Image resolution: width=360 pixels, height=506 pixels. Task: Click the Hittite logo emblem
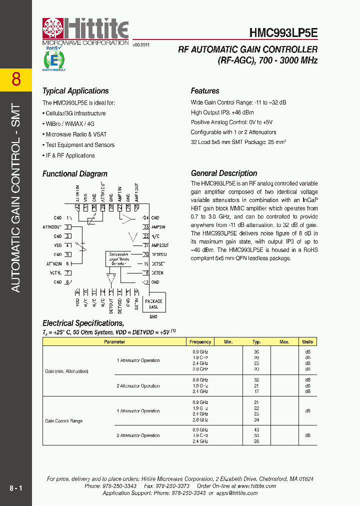click(53, 30)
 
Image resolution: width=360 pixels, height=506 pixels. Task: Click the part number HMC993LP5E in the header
click(283, 32)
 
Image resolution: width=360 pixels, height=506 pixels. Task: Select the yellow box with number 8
click(16, 79)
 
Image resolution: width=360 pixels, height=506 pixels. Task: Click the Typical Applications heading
click(75, 91)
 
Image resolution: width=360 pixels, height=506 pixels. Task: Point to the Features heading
click(205, 91)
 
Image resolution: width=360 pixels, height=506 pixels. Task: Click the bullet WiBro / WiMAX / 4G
click(69, 124)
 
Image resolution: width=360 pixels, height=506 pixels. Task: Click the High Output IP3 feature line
click(222, 112)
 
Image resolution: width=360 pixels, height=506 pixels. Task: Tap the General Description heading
click(224, 173)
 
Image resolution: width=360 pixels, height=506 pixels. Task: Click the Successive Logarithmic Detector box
click(119, 258)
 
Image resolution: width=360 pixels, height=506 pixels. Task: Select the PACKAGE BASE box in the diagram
click(153, 304)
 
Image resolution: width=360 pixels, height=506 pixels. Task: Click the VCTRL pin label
click(55, 273)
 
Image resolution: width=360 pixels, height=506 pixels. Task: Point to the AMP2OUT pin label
click(160, 245)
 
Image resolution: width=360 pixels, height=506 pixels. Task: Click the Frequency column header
click(200, 342)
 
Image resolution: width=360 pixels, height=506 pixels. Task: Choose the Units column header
click(307, 342)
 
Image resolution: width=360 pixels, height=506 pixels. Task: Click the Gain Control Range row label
click(64, 421)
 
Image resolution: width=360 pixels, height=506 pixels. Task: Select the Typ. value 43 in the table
click(256, 430)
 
